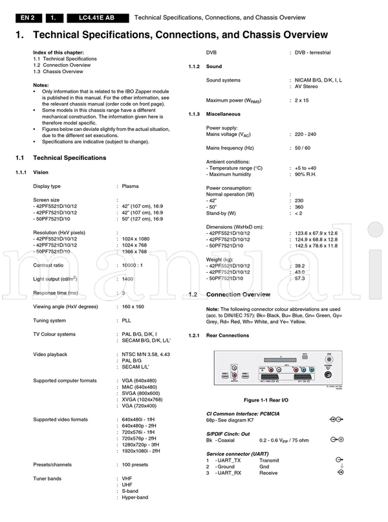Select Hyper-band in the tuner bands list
(135, 497)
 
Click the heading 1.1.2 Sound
(213, 67)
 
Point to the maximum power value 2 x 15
(302, 100)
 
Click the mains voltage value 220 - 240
(306, 134)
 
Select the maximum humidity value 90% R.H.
(307, 176)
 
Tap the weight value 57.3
(300, 278)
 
